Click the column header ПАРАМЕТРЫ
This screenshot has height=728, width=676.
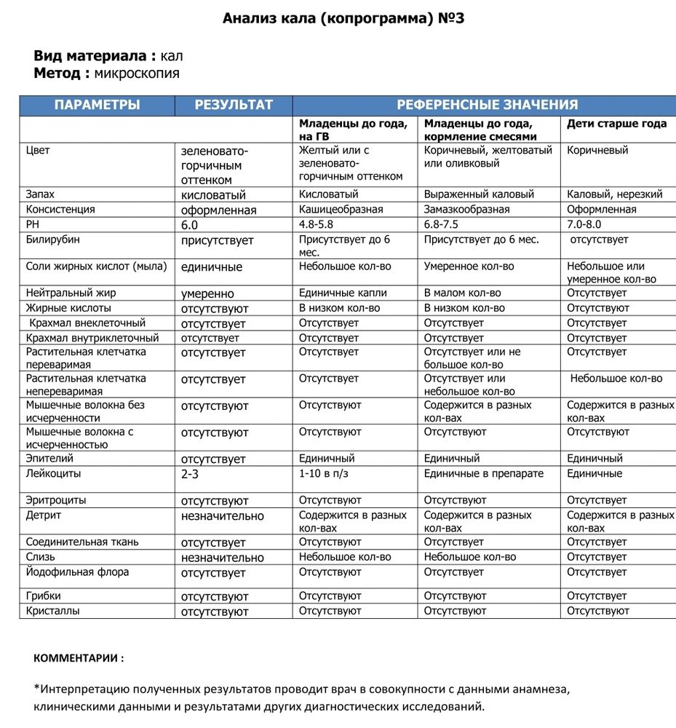click(x=97, y=105)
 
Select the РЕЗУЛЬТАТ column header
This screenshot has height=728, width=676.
click(x=233, y=105)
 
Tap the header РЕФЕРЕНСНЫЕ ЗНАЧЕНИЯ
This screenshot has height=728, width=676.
click(x=487, y=105)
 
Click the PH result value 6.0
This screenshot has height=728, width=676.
click(x=190, y=225)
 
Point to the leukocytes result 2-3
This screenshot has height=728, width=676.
click(x=190, y=474)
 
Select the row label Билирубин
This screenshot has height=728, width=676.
click(x=53, y=240)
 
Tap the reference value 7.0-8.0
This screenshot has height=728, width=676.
click(x=584, y=224)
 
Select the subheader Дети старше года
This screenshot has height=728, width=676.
click(x=616, y=124)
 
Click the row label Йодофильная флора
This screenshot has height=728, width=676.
click(x=78, y=572)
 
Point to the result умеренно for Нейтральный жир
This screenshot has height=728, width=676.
click(x=207, y=294)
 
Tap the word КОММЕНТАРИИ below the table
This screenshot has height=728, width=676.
click(x=79, y=658)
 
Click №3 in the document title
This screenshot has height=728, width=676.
click(x=449, y=18)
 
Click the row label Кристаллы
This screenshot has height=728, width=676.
click(x=53, y=611)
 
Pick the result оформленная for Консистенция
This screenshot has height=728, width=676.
click(x=218, y=210)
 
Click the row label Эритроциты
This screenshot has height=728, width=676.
click(x=56, y=500)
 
